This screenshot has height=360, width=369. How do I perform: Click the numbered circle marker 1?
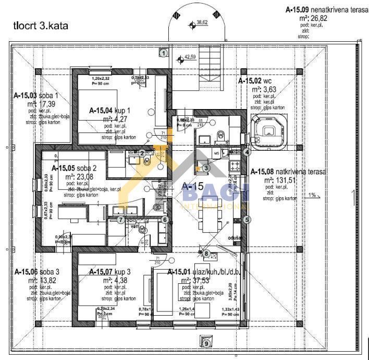tap(164, 53)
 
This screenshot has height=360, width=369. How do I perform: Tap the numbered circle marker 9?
tap(206, 343)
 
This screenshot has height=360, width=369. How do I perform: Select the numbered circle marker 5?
tap(206, 167)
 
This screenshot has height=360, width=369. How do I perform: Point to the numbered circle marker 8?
tap(206, 253)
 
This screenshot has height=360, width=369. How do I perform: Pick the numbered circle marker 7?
tap(120, 220)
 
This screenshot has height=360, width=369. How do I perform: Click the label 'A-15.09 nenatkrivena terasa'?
tap(327, 9)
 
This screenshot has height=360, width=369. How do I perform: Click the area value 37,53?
tap(199, 280)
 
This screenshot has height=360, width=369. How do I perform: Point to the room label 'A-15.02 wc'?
tap(255, 81)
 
